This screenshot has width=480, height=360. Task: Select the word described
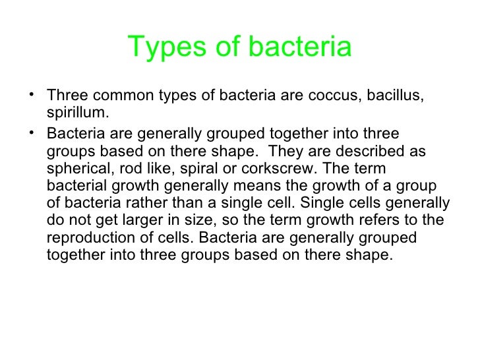(378, 151)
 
